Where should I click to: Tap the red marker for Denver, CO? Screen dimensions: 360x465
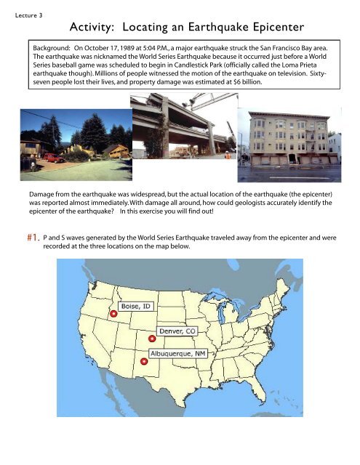[x=152, y=339]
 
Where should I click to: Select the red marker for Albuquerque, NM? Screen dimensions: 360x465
[x=144, y=361]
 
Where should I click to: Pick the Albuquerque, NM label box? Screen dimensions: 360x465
[x=175, y=353]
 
